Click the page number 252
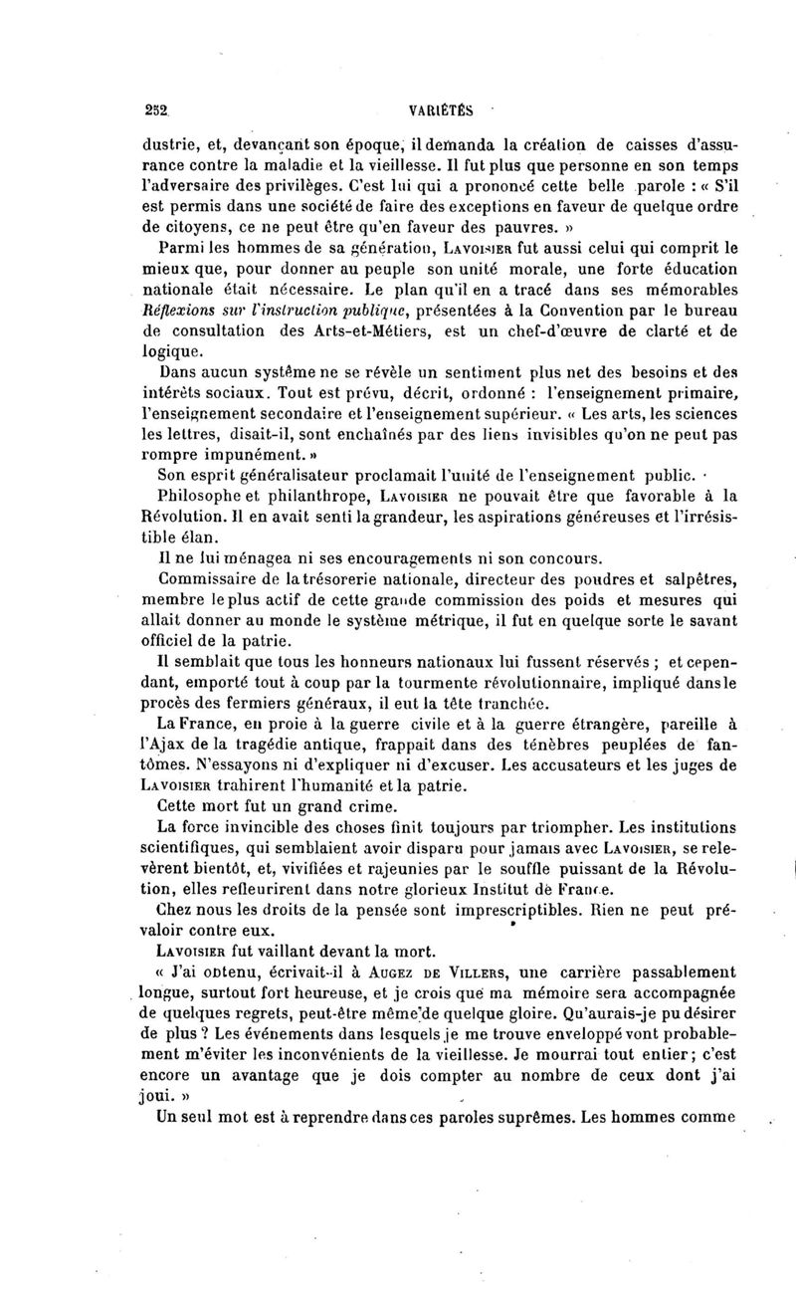click(x=155, y=112)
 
